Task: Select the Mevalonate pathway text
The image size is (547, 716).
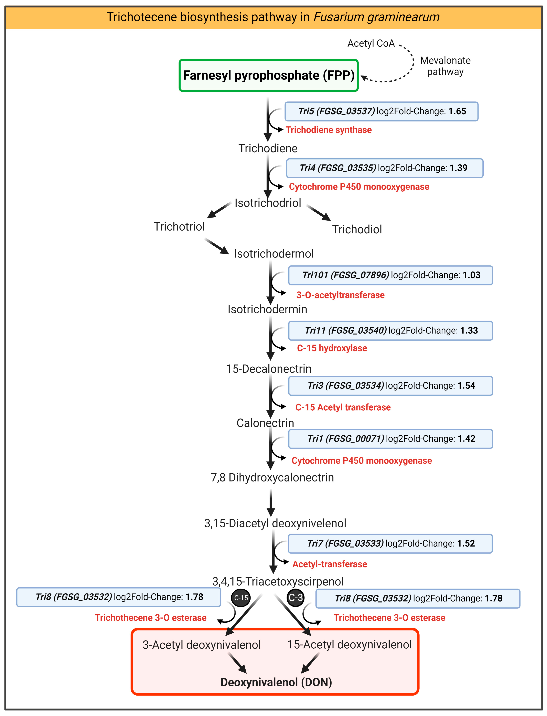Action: (x=445, y=66)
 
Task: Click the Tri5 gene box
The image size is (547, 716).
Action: (x=381, y=111)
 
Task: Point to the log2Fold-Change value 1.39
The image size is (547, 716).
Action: (x=458, y=168)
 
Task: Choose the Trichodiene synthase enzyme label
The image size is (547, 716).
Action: (x=328, y=130)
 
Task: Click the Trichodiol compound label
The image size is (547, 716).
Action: (x=357, y=229)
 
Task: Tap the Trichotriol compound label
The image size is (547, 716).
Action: (x=179, y=227)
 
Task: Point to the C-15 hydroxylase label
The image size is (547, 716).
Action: (x=332, y=348)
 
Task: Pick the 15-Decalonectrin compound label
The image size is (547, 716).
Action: (x=269, y=369)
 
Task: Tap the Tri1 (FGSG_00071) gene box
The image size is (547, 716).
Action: (x=390, y=439)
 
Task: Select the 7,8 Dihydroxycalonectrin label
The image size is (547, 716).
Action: (x=272, y=477)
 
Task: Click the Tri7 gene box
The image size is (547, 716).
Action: (x=390, y=544)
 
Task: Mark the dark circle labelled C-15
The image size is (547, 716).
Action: (x=241, y=598)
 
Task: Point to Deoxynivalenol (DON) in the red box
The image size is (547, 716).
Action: (x=276, y=682)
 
